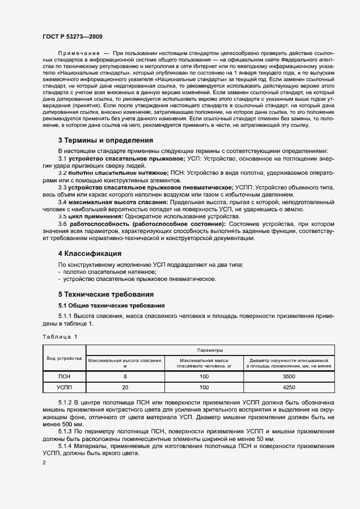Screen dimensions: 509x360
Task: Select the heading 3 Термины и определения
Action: (106, 140)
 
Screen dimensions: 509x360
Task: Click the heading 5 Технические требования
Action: (105, 295)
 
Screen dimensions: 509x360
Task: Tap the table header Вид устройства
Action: (64, 358)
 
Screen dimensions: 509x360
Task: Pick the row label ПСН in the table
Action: (64, 376)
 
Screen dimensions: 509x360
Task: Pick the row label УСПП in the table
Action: (64, 388)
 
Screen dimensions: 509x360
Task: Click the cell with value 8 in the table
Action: (125, 376)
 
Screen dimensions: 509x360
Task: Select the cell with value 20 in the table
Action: (125, 388)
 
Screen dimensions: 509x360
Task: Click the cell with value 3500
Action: (289, 376)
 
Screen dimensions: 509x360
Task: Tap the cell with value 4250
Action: (289, 388)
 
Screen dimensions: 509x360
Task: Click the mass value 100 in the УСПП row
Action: (204, 388)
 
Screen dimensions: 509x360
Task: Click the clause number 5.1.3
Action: (65, 431)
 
